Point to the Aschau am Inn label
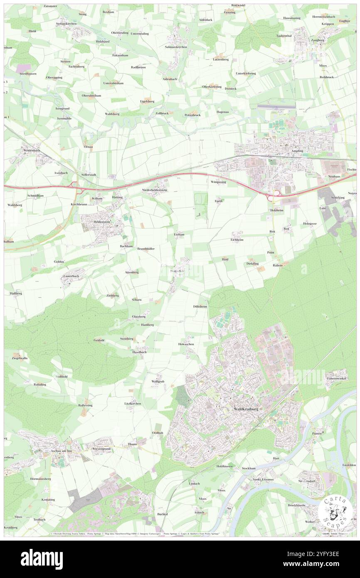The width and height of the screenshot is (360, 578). [x=61, y=451]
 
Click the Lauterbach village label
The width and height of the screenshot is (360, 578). [x=71, y=276]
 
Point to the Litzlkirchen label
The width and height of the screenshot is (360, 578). [x=132, y=403]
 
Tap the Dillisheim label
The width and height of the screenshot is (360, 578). [x=200, y=306]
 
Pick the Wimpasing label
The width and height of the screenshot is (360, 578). [x=218, y=182]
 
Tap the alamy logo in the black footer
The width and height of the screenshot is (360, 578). [x=42, y=559]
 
